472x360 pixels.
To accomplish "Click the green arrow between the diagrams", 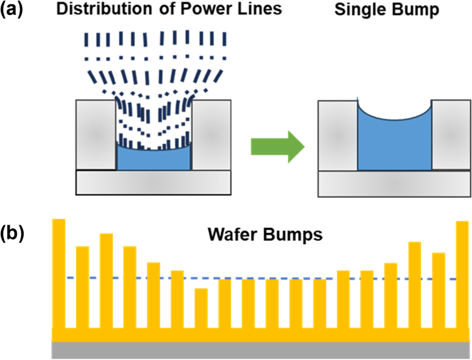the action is click(278, 147).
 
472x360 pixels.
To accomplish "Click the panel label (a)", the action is click(12, 9).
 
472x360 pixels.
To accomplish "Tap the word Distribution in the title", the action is click(104, 9).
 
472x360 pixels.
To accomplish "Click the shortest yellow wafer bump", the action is click(201, 308).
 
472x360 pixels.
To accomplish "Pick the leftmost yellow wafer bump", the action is click(59, 274).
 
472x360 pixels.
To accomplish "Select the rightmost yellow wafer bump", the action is click(462, 274).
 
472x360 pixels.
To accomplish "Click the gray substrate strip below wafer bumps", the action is click(261, 350).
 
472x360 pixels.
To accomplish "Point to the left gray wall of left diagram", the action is click(96, 135).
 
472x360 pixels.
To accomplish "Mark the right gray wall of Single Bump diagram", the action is click(451, 135).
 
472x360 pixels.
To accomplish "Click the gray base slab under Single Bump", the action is click(394, 184).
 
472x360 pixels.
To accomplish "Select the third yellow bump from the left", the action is click(106, 281).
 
